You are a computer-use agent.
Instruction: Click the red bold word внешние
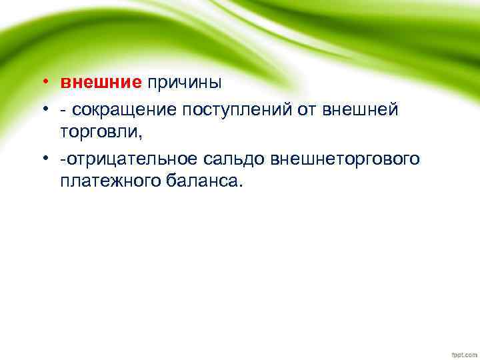[x=101, y=83]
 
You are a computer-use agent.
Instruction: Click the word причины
[x=185, y=83]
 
